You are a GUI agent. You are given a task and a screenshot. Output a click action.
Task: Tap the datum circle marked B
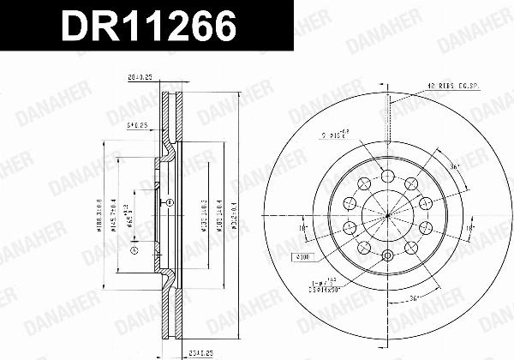click(x=170, y=203)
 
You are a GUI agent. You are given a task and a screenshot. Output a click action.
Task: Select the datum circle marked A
click(x=134, y=250)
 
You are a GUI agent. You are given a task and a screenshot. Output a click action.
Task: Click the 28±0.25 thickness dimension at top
click(x=139, y=76)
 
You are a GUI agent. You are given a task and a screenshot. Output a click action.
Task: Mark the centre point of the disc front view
click(x=387, y=215)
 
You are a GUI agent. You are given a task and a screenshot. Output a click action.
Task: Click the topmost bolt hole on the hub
click(x=387, y=176)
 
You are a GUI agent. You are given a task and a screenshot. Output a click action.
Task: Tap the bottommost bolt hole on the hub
click(x=387, y=255)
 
